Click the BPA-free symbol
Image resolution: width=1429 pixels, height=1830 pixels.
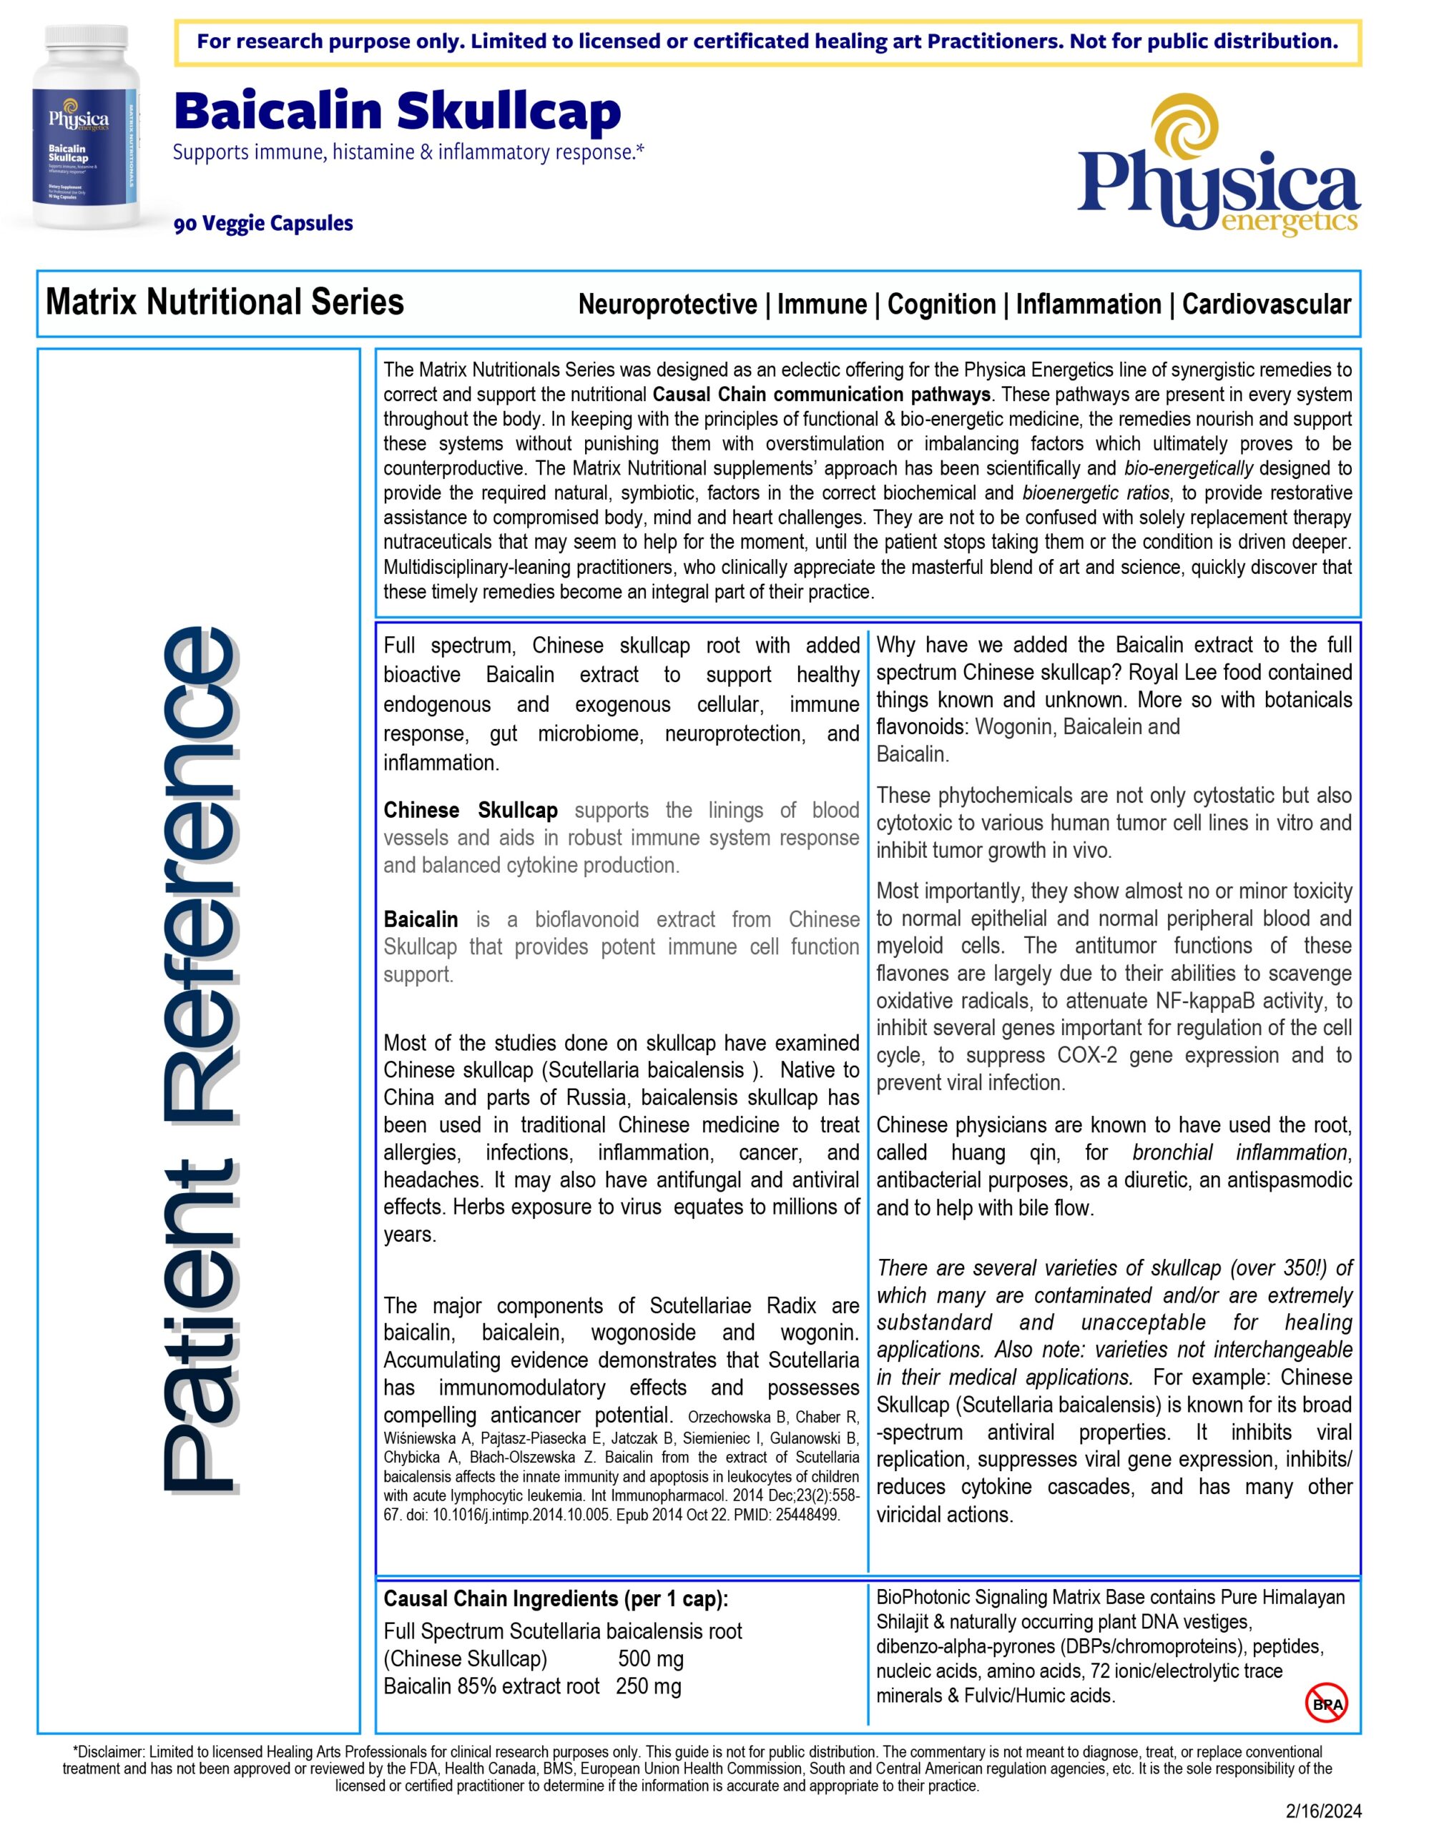[1327, 1703]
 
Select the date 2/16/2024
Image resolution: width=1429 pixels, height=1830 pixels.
[1323, 1811]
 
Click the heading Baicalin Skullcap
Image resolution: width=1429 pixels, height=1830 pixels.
[397, 112]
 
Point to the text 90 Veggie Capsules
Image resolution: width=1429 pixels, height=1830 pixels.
[263, 224]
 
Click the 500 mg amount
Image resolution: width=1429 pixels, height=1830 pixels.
[650, 1659]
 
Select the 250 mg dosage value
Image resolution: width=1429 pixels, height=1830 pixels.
[648, 1687]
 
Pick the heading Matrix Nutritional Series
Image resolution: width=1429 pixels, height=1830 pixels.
[225, 302]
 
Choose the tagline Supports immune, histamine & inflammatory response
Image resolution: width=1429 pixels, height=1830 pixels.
[408, 152]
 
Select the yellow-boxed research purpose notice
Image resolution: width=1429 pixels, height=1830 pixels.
[767, 42]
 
